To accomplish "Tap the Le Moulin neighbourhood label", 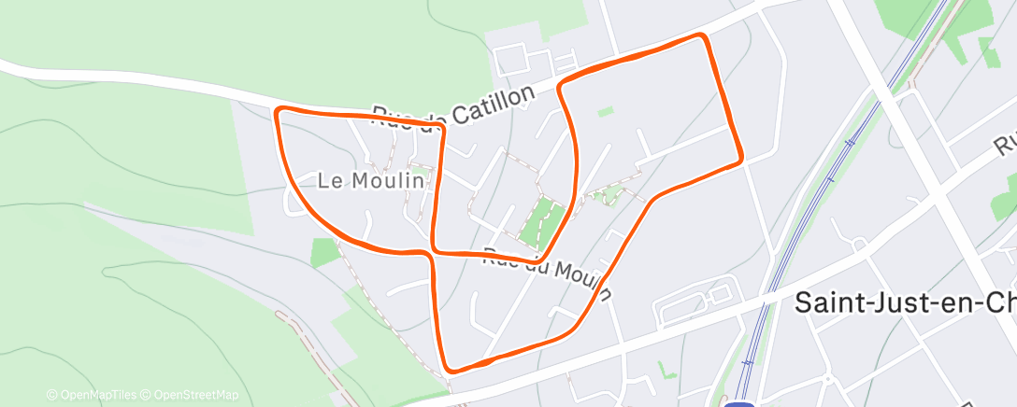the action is [x=378, y=180].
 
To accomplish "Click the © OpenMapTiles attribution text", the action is [x=92, y=395].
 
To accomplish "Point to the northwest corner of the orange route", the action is [x=278, y=112].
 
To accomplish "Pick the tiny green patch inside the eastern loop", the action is [x=606, y=111].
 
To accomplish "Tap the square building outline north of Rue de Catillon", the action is [x=512, y=62].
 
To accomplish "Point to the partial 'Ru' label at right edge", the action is [x=1006, y=143].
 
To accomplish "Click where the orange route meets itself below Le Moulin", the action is [x=433, y=250].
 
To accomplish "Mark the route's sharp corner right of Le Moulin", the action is [x=441, y=125].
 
